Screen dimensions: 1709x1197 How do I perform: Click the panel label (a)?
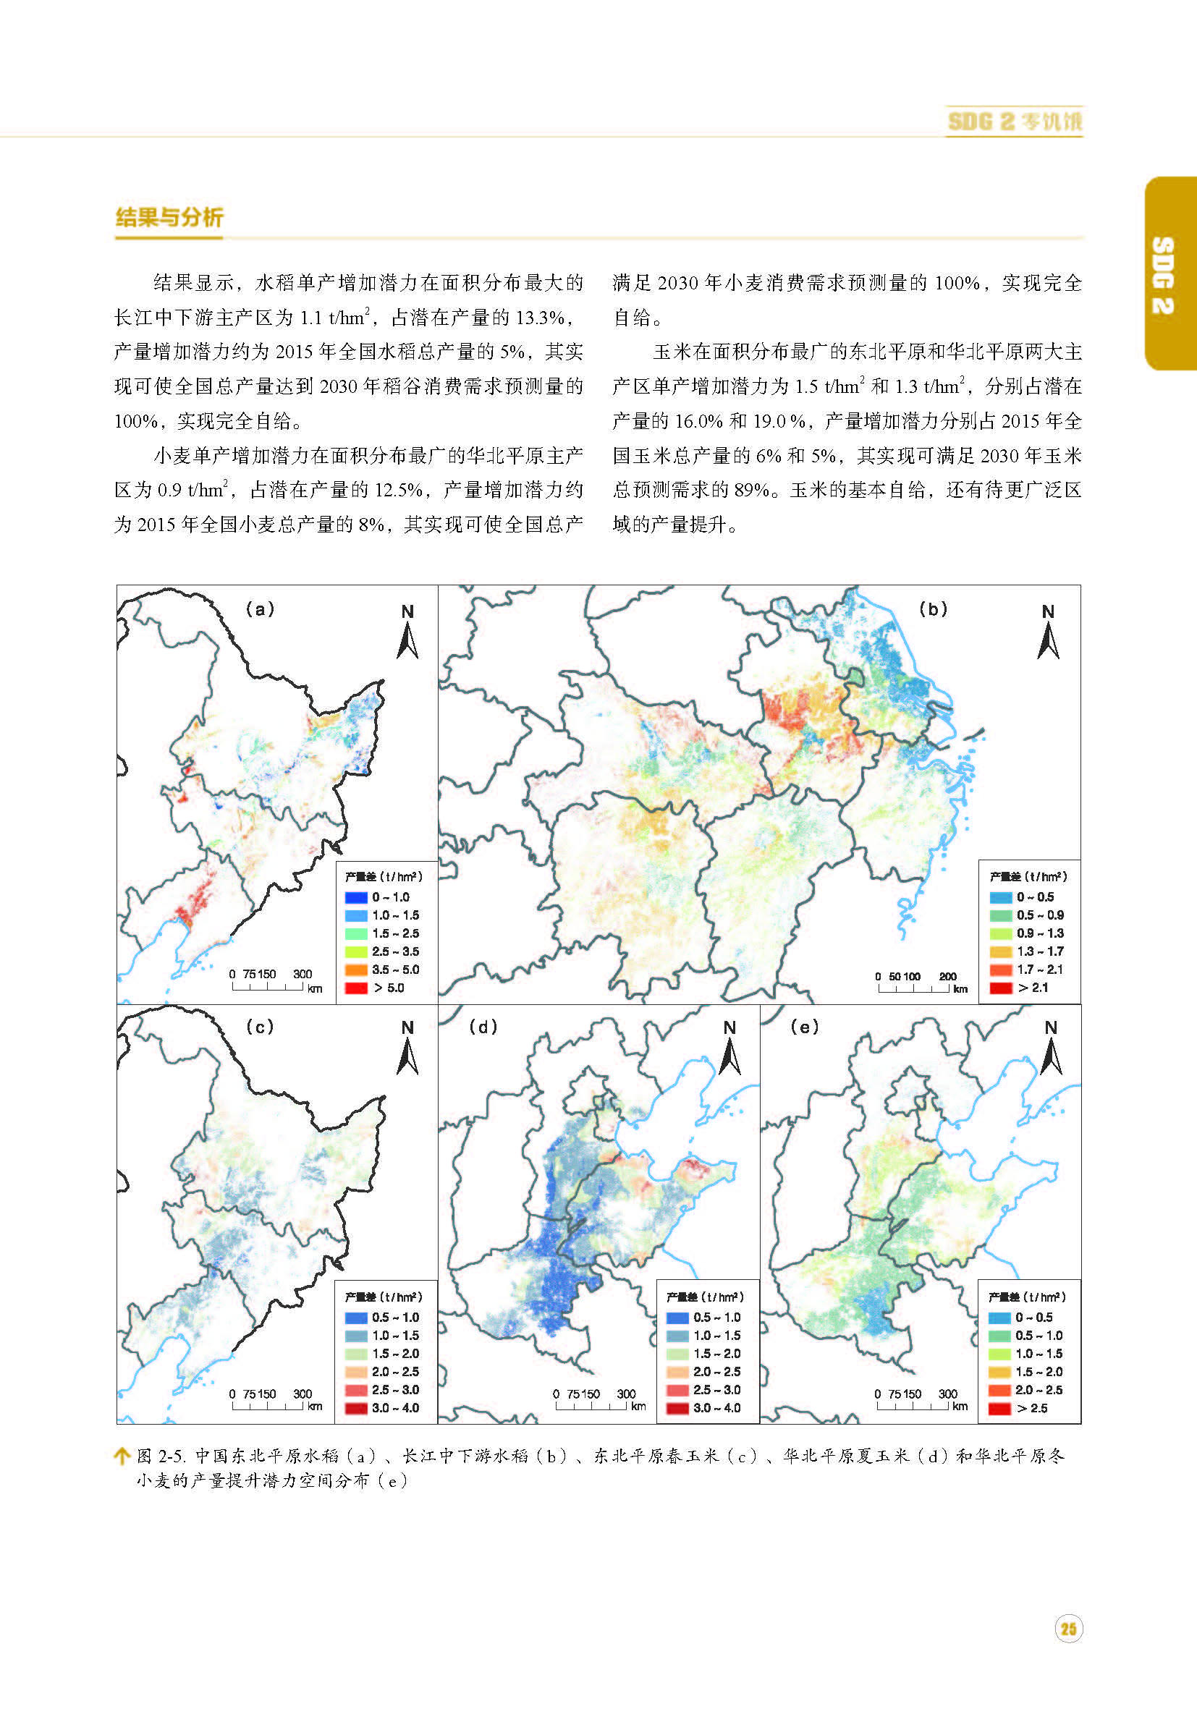pos(260,609)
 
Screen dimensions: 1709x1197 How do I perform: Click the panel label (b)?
pos(933,609)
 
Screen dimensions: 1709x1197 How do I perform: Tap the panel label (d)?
pos(483,1027)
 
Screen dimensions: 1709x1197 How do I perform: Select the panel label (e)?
pos(804,1027)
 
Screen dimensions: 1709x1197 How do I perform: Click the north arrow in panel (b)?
pos(1048,633)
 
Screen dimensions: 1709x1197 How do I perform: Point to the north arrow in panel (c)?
pos(407,1050)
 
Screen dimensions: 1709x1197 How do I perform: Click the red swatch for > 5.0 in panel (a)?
pos(357,988)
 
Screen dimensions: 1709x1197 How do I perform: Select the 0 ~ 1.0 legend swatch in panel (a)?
pos(357,898)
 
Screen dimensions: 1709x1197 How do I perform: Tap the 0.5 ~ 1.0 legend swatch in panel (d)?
pos(677,1318)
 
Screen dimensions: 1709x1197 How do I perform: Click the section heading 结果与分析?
pos(169,217)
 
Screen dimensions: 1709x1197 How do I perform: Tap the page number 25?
pos(1068,1629)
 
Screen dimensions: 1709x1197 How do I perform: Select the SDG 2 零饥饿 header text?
pos(1015,122)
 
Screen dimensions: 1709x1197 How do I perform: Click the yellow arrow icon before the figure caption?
pos(122,1456)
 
